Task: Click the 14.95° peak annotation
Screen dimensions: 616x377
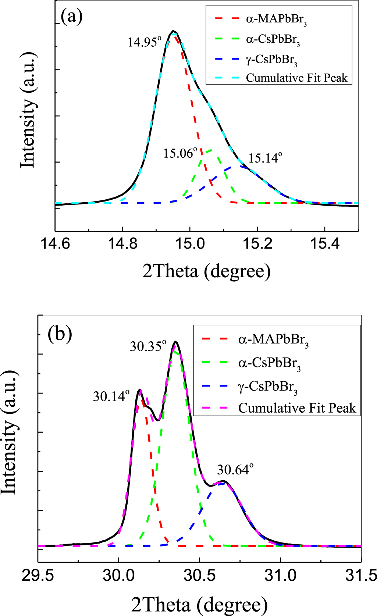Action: click(x=145, y=42)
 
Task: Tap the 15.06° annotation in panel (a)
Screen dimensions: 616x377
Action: click(x=180, y=153)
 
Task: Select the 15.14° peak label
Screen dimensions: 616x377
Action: click(x=265, y=158)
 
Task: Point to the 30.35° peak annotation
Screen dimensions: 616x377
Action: click(x=148, y=346)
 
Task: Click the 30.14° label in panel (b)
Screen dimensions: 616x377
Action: click(x=111, y=396)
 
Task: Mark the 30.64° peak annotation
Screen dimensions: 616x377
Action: click(x=235, y=470)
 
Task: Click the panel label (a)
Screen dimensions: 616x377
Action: click(x=71, y=17)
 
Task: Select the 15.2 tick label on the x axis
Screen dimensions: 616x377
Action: click(x=257, y=243)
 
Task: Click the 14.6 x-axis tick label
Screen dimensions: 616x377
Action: click(x=55, y=243)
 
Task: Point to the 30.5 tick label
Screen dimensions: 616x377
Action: click(x=199, y=575)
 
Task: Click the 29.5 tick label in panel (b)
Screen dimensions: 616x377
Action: click(x=38, y=575)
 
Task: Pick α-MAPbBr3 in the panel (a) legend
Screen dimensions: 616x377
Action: click(x=276, y=19)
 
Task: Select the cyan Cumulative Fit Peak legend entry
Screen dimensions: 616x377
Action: click(x=296, y=78)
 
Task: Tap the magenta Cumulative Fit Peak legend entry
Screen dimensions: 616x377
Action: click(x=297, y=408)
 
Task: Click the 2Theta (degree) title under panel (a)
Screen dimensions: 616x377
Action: click(x=206, y=271)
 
